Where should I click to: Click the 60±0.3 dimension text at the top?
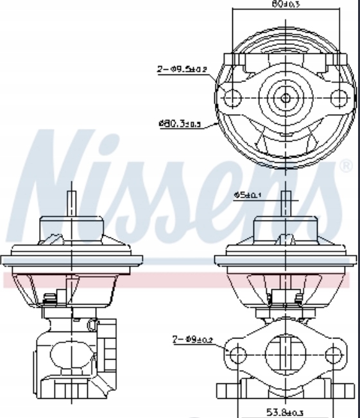(286, 4)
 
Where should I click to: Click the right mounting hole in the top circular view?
(338, 98)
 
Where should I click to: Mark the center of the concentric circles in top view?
(286, 98)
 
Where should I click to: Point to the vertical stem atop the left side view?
(72, 204)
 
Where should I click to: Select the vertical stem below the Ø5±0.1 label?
(285, 205)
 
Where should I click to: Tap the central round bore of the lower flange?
(286, 352)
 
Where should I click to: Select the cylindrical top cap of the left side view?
(72, 228)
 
